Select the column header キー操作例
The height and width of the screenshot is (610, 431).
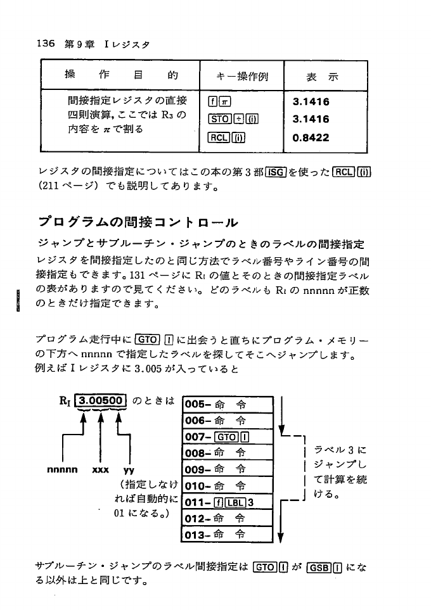tap(241, 77)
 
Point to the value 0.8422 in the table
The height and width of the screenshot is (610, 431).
tap(311, 137)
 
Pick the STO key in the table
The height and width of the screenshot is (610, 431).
tap(219, 119)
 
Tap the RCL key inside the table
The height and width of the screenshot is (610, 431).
tap(219, 137)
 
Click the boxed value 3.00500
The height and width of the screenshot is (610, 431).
tap(102, 400)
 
